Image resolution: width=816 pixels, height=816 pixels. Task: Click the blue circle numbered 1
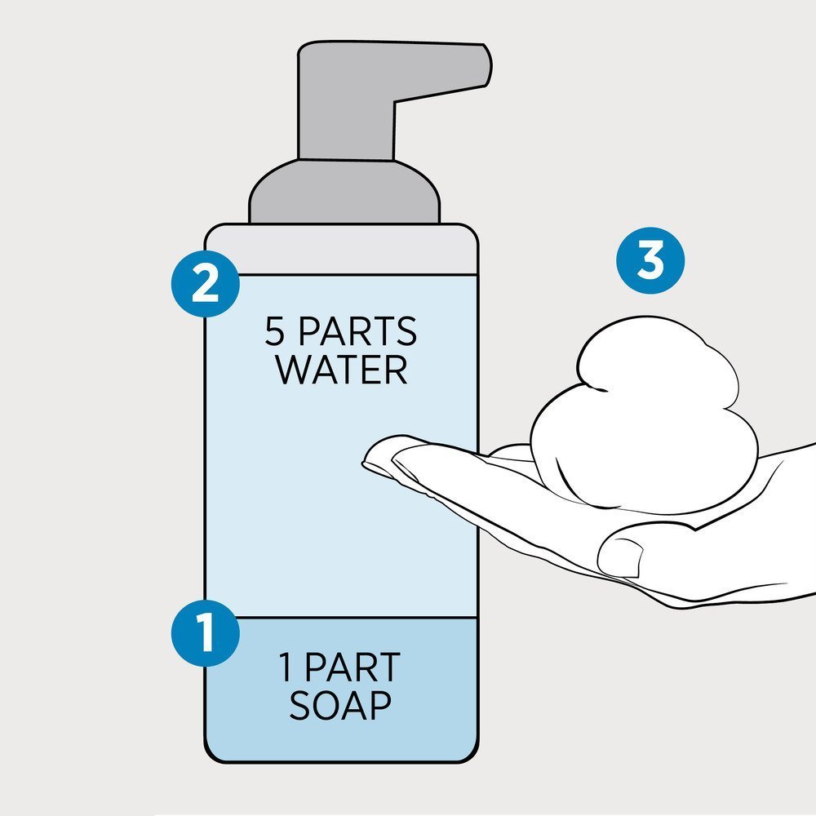pos(206,633)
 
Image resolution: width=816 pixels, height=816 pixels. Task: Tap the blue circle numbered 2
pos(206,283)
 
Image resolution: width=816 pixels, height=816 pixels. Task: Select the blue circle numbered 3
pos(650,260)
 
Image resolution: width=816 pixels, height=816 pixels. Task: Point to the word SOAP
pos(339,705)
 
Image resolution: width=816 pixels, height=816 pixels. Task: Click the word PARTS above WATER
pos(357,331)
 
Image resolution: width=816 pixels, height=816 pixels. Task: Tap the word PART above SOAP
pos(353,667)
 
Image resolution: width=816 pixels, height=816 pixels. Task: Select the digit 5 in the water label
pos(275,331)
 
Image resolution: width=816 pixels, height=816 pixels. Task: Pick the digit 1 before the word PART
pos(286,667)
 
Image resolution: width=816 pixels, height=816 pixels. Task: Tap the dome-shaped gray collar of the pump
pos(344,192)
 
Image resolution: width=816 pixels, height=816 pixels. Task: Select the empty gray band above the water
pos(341,250)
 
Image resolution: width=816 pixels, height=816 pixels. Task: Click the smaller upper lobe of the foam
pos(659,359)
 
